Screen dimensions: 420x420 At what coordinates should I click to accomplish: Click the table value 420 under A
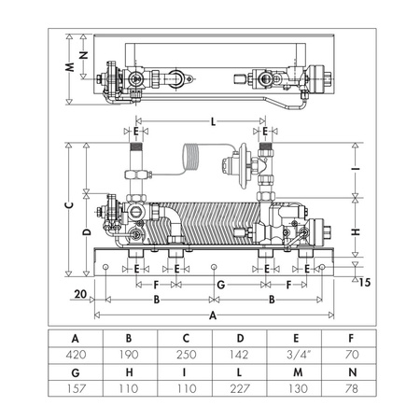coord(76,355)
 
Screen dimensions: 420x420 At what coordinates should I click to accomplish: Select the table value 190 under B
coord(130,355)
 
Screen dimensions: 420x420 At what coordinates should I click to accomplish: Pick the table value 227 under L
coord(240,388)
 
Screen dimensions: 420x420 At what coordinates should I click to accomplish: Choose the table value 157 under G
coord(76,388)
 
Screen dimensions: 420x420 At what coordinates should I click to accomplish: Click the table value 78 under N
coord(352,388)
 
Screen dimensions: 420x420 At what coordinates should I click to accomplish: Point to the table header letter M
coord(298,372)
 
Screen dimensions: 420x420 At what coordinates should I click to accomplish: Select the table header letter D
coord(240,338)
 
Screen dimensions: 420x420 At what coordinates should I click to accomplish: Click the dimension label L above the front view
coord(213,121)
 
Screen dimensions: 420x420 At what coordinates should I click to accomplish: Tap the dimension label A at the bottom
coord(213,315)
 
